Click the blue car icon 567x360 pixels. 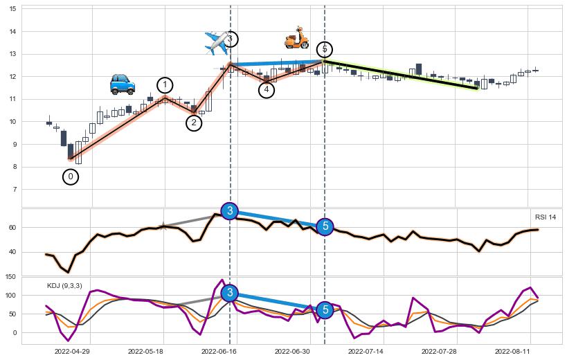[123, 84]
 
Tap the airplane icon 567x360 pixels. [217, 43]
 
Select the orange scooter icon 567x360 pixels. [297, 38]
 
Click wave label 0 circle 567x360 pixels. [70, 177]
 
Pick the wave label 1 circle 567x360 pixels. [165, 85]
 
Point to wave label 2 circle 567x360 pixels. [195, 123]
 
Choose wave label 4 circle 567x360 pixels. [267, 90]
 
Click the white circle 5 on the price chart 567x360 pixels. [325, 49]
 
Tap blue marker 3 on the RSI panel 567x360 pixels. [230, 211]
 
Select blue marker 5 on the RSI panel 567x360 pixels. [325, 226]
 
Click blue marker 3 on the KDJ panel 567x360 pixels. [230, 293]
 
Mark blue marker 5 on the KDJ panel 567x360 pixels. [325, 310]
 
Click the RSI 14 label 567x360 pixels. [546, 217]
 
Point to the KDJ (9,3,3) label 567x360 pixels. [64, 285]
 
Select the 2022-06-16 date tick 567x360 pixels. [219, 352]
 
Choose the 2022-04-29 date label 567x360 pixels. [73, 352]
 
